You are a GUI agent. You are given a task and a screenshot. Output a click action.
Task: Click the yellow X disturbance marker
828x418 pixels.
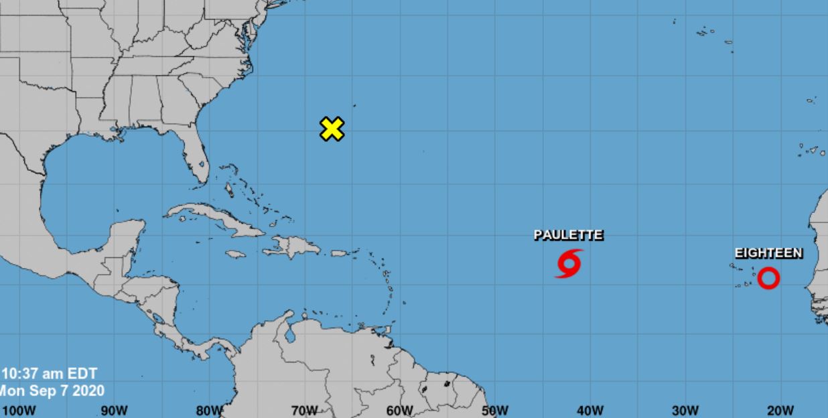coord(332,129)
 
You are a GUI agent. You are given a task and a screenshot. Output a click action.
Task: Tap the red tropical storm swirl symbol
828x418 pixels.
coord(568,263)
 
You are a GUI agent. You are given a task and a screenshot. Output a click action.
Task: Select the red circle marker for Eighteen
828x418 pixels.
coord(768,278)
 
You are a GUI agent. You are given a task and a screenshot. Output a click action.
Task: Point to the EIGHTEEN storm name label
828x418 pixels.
coord(768,253)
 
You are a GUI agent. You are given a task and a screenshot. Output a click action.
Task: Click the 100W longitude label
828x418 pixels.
coord(19,410)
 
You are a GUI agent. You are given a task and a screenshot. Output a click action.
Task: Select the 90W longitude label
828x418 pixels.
coord(114,410)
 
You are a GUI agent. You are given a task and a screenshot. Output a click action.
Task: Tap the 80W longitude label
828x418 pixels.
coord(209,410)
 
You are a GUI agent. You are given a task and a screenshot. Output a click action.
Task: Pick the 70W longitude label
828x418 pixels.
coord(304,410)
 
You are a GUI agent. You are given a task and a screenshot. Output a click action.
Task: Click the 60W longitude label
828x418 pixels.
coord(400,410)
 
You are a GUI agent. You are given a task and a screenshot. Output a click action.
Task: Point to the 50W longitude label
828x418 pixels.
coord(494,410)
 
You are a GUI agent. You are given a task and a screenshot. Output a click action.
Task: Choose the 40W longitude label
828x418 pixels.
coord(590,410)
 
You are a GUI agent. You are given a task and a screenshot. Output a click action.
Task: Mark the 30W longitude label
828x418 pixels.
coord(685,410)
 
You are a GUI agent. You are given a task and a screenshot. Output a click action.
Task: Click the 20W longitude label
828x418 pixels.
coord(780,410)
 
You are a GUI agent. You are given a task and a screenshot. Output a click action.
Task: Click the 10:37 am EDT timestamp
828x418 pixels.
coord(50,374)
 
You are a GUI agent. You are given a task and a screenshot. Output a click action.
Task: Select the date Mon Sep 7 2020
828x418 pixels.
coord(52,391)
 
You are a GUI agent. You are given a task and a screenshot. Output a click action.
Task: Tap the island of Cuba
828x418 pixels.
coord(214,219)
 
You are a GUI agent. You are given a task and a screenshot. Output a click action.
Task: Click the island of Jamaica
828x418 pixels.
coord(235,255)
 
